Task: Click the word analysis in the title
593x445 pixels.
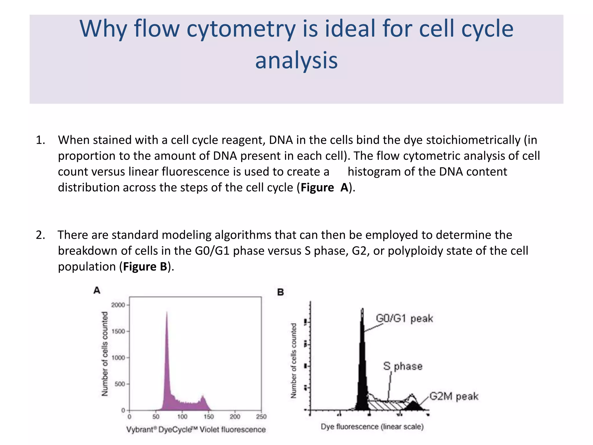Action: click(x=296, y=60)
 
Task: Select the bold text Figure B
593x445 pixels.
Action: click(x=145, y=267)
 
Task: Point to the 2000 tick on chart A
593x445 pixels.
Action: click(x=118, y=305)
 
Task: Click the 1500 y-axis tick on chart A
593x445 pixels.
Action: click(x=118, y=331)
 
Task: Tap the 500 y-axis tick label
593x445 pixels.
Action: click(x=120, y=384)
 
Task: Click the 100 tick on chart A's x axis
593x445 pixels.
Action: click(x=182, y=417)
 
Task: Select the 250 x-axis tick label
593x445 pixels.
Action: click(x=261, y=417)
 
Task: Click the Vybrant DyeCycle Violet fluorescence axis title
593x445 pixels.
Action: click(x=196, y=429)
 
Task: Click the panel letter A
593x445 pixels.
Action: click(x=97, y=290)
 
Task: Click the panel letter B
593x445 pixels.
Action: click(x=280, y=292)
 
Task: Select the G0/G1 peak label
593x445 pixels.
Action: click(x=404, y=318)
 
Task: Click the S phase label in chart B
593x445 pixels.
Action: click(x=403, y=366)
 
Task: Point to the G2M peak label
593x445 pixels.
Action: click(x=453, y=396)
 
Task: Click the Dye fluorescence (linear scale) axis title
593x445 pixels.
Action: click(x=372, y=426)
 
